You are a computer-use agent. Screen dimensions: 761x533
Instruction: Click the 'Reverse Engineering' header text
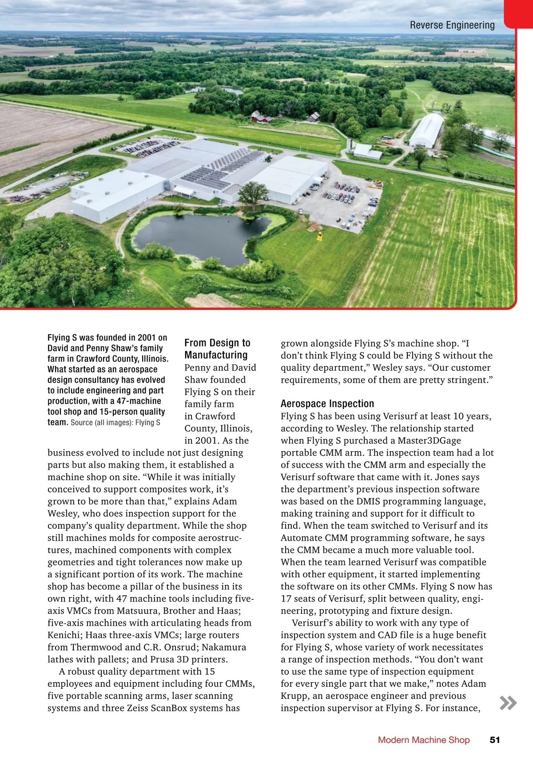[x=452, y=25]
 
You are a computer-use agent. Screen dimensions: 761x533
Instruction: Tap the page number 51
[x=494, y=740]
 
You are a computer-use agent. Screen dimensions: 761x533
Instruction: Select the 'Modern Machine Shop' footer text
[x=423, y=740]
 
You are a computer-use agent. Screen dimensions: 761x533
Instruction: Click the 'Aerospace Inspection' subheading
[x=327, y=404]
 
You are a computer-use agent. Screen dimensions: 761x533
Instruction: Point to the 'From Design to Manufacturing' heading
[x=217, y=349]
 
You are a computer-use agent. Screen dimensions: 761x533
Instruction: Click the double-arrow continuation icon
[x=508, y=703]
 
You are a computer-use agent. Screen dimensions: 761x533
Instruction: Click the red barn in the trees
[x=261, y=118]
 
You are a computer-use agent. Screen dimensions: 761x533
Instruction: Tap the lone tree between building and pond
[x=253, y=193]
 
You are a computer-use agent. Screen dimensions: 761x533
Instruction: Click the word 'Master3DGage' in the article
[x=429, y=440]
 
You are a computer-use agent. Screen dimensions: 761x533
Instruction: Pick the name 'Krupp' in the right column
[x=295, y=696]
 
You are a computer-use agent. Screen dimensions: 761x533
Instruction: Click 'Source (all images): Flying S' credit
[x=115, y=423]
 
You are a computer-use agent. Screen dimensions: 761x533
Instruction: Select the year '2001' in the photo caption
[x=147, y=338]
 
